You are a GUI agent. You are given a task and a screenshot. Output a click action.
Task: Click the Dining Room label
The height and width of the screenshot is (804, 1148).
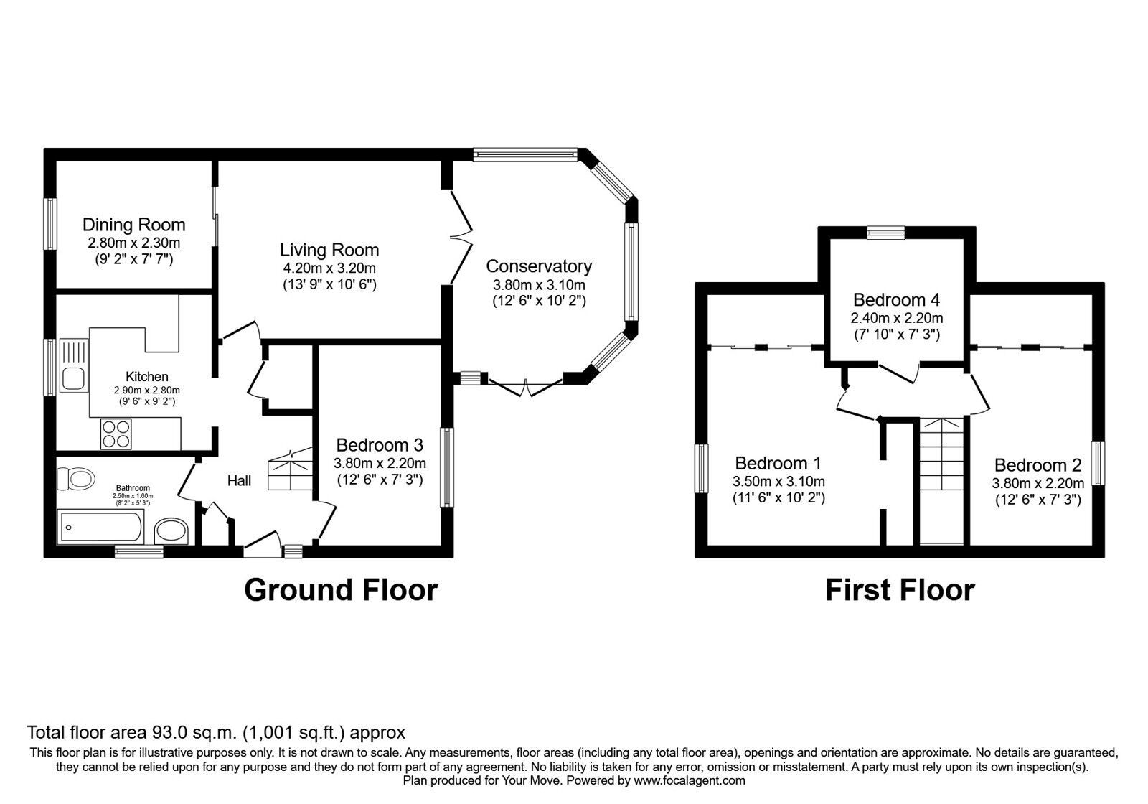tap(133, 225)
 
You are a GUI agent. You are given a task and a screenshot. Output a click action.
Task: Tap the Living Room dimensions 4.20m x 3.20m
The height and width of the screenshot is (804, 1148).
tap(329, 268)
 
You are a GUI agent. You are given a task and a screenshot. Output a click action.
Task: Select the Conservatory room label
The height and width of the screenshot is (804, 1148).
tap(539, 266)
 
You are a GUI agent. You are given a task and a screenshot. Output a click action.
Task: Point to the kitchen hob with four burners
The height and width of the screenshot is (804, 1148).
tap(116, 434)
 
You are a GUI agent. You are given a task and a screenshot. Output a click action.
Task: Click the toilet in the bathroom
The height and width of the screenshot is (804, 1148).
tap(76, 478)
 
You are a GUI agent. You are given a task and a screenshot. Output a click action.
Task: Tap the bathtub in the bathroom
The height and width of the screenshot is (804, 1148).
tap(101, 527)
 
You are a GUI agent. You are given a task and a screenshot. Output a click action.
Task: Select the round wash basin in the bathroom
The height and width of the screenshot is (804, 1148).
tap(171, 530)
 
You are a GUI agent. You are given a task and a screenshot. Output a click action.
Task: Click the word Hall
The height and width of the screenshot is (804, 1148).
tap(240, 480)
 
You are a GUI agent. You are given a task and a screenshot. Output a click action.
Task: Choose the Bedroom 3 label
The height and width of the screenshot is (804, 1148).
tap(380, 444)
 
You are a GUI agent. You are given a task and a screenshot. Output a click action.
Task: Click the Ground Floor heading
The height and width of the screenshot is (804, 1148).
tap(341, 590)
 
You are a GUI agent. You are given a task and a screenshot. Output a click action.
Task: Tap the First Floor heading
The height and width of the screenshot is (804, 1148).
tap(900, 590)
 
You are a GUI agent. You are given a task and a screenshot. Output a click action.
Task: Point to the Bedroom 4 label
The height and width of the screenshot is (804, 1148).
tap(897, 299)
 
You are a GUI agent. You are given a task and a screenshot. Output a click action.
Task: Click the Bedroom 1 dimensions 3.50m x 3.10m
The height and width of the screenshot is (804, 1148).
tap(778, 482)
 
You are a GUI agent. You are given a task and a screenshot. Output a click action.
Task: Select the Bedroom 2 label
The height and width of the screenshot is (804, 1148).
tap(1038, 465)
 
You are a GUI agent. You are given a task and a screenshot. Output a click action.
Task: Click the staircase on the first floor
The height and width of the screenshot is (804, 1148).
tap(942, 481)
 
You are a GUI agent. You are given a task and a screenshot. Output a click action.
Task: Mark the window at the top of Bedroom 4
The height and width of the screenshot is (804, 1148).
tap(886, 233)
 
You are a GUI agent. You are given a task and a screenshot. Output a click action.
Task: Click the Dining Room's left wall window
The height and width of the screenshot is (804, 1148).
tap(50, 224)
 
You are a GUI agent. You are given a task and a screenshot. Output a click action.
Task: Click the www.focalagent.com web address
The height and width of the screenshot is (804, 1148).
tap(690, 781)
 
